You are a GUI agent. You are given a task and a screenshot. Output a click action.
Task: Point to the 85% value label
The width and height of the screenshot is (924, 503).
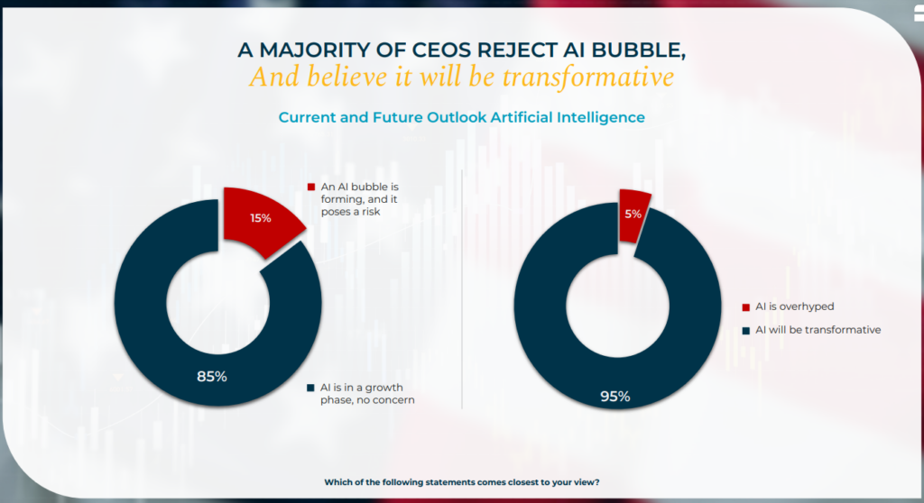coord(212,376)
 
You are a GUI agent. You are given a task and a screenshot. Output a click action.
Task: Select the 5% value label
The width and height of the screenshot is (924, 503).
coord(634,215)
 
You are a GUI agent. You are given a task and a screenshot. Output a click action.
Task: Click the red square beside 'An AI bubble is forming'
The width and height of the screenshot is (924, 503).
coord(311,187)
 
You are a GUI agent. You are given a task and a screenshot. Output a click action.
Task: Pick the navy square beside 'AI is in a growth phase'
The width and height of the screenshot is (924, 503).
coord(311,388)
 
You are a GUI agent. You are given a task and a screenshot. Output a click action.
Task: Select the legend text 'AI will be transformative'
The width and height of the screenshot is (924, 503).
coord(818,330)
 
